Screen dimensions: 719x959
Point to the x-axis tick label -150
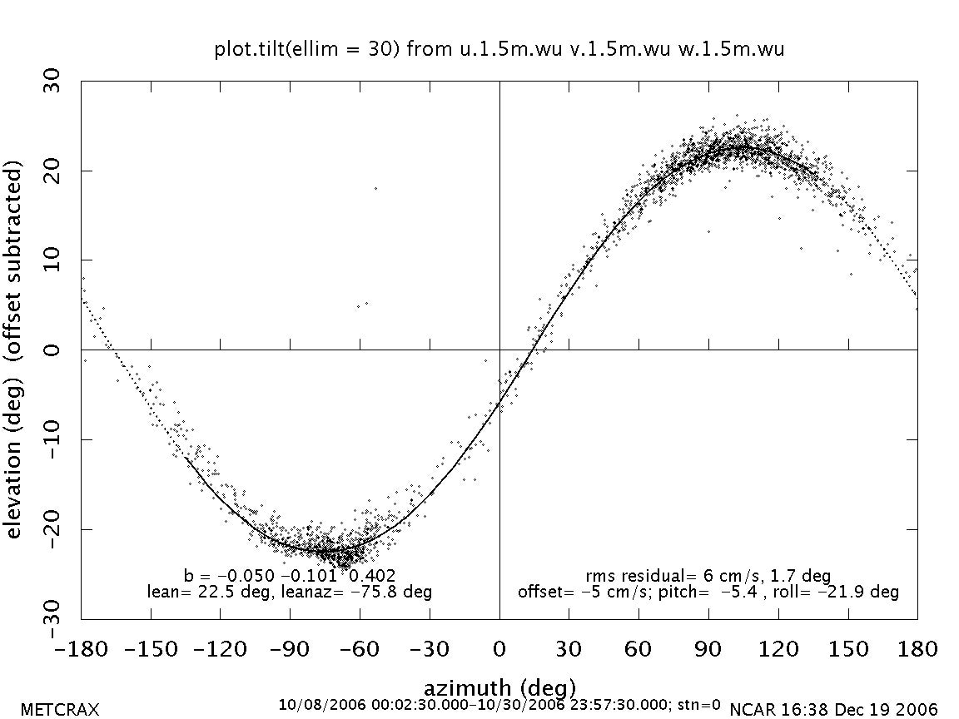pos(151,648)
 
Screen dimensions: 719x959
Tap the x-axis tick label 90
pos(708,648)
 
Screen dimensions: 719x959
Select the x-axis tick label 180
pos(916,648)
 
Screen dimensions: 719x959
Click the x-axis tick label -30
pos(430,648)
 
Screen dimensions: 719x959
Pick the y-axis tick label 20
pos(59,171)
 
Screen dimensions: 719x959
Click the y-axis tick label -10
pos(59,439)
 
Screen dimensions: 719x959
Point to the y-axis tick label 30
pos(59,82)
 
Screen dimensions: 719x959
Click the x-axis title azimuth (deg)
pos(499,688)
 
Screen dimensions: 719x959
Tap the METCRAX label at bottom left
pos(59,710)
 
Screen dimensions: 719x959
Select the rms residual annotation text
pos(708,576)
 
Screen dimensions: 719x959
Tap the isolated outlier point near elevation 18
pos(375,188)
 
